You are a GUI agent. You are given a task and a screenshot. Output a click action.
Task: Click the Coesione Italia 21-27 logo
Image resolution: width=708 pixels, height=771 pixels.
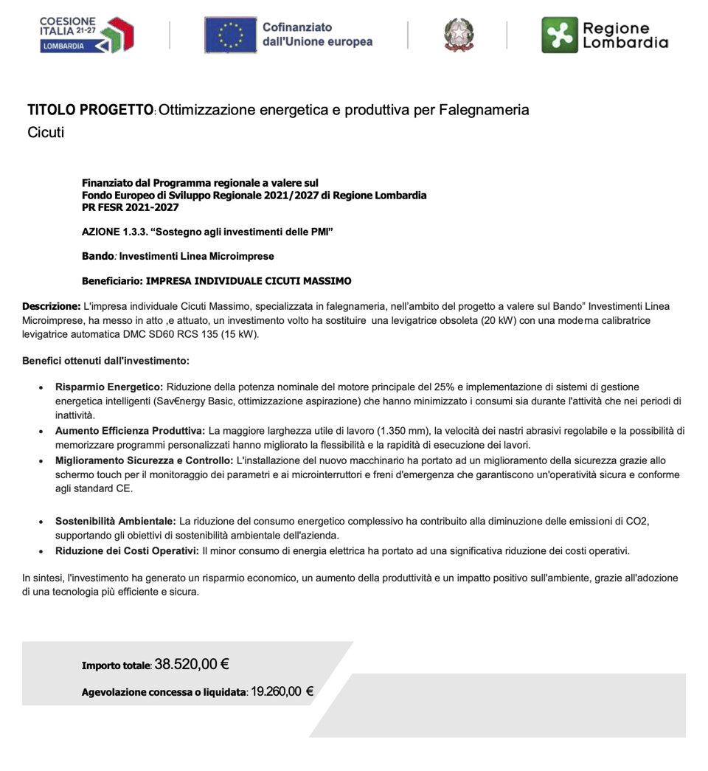click(86, 35)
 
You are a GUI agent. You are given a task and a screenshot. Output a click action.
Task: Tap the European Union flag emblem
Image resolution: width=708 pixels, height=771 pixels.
click(230, 35)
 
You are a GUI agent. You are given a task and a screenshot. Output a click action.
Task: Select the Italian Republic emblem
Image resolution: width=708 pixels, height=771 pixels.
click(459, 35)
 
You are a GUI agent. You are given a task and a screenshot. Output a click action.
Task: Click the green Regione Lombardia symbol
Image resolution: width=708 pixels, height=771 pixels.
click(560, 35)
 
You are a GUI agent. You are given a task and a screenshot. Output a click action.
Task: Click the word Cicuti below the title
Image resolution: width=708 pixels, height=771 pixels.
click(46, 134)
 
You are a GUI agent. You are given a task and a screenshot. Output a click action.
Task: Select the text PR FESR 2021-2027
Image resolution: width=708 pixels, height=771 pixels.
click(130, 208)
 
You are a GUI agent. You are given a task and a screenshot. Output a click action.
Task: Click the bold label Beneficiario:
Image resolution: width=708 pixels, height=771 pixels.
click(113, 281)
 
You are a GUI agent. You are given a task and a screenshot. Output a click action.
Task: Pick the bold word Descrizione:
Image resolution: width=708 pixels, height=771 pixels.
click(51, 306)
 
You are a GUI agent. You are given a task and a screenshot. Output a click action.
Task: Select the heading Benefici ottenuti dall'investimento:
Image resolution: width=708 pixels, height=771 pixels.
click(105, 362)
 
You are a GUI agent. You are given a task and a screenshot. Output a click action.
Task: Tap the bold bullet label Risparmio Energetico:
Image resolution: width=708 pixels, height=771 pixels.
click(109, 387)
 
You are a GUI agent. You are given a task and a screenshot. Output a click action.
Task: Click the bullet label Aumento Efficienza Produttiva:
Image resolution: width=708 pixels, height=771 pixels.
click(130, 431)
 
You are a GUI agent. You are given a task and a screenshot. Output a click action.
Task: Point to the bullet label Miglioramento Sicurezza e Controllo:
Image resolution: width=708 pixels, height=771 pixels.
click(144, 460)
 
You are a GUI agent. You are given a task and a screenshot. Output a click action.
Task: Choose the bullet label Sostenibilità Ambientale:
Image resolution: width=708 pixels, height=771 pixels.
click(115, 522)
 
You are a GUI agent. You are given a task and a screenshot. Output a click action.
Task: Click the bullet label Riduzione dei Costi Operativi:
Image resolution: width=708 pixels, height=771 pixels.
click(127, 551)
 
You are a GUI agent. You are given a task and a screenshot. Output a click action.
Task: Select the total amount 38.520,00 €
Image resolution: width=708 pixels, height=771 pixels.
click(192, 664)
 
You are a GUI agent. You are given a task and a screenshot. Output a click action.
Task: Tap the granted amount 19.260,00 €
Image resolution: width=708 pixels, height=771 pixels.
click(282, 692)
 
